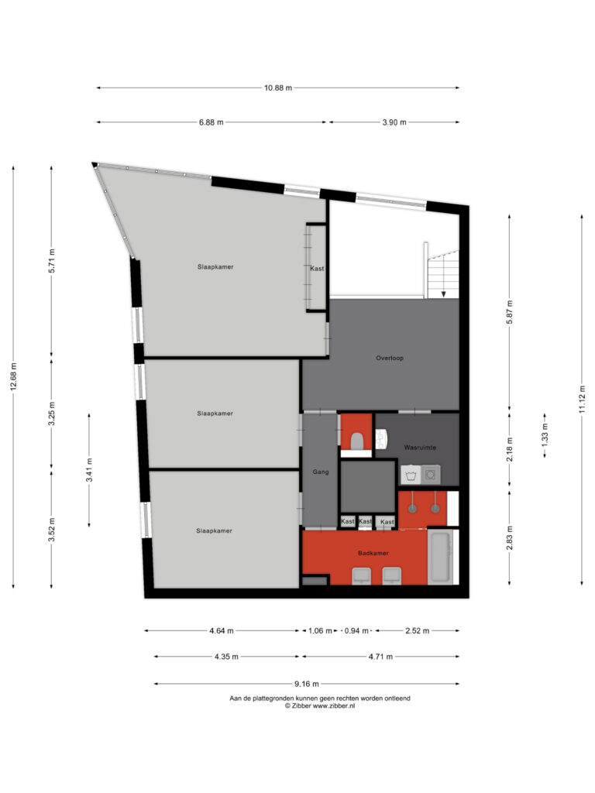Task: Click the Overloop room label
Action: pyautogui.click(x=390, y=358)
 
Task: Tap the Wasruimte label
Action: pyautogui.click(x=420, y=448)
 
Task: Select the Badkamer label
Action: pyautogui.click(x=373, y=553)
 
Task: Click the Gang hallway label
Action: pyautogui.click(x=321, y=472)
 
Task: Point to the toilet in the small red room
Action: pyautogui.click(x=356, y=441)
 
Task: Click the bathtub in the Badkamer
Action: pyautogui.click(x=440, y=557)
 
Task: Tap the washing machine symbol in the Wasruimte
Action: pyautogui.click(x=411, y=475)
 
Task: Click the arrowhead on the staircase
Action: pyautogui.click(x=444, y=294)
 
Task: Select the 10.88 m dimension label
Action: pyautogui.click(x=278, y=88)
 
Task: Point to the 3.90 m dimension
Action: pyautogui.click(x=394, y=122)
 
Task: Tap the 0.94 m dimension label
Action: pyautogui.click(x=356, y=630)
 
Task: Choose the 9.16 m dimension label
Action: pyautogui.click(x=307, y=685)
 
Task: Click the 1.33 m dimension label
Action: pyautogui.click(x=545, y=435)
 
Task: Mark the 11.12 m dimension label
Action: pyautogui.click(x=583, y=399)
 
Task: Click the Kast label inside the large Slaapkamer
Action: pyautogui.click(x=317, y=269)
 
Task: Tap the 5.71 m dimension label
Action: pyautogui.click(x=52, y=261)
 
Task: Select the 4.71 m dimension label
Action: pyautogui.click(x=380, y=657)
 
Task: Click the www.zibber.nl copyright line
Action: pyautogui.click(x=320, y=706)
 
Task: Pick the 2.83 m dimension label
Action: pyautogui.click(x=510, y=537)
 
